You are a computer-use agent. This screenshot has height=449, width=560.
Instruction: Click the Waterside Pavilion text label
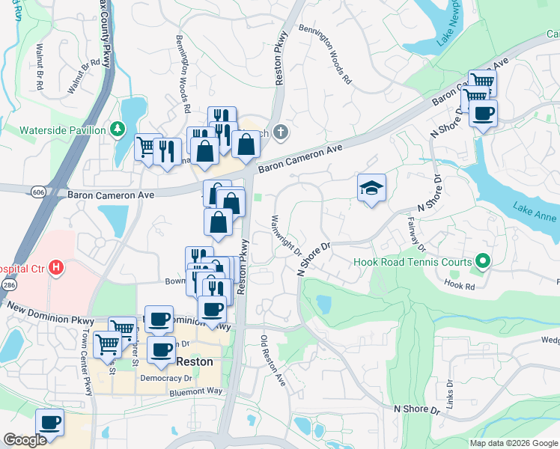62,130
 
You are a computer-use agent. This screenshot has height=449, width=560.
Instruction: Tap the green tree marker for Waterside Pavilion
118,130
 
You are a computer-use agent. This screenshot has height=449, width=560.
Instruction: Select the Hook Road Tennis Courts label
413,263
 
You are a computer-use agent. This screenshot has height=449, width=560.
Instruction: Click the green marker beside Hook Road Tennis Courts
483,262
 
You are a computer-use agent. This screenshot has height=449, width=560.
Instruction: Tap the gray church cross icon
280,132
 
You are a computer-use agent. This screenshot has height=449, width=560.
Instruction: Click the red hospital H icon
55,267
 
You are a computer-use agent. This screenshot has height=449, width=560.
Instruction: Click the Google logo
25,440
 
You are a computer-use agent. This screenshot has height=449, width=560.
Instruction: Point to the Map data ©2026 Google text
513,443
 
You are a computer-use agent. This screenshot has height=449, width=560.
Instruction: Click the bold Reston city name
194,361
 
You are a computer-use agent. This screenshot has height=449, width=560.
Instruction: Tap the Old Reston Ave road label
274,361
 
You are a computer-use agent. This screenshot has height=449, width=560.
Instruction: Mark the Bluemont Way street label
196,391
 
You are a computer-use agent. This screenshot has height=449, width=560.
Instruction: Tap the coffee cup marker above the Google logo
49,423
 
